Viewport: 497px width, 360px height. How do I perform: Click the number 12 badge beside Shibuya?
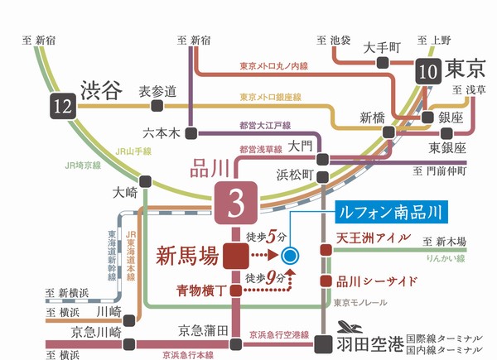click(x=56, y=106)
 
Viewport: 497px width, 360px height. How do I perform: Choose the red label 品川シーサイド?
click(x=378, y=281)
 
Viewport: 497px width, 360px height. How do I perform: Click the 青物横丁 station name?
click(x=200, y=290)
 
